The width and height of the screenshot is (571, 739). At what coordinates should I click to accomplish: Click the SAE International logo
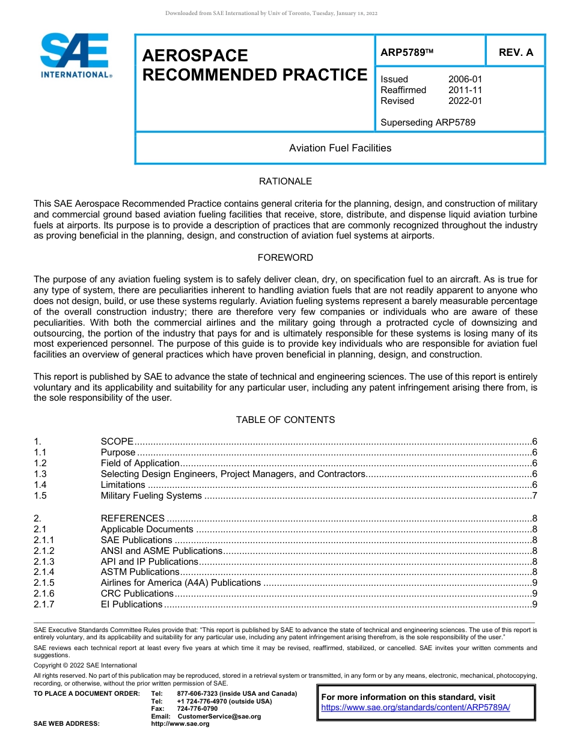[x=75, y=56]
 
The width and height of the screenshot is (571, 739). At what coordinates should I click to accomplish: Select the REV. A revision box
[x=516, y=52]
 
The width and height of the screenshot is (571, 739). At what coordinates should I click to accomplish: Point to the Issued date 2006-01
[x=465, y=79]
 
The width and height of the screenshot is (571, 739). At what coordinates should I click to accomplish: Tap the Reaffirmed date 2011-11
[x=465, y=90]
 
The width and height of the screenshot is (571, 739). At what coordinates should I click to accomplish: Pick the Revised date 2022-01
[x=465, y=101]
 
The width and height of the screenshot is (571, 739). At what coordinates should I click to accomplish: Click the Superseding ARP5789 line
[x=427, y=123]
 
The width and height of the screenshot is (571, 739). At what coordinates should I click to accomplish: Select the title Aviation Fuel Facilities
[x=340, y=148]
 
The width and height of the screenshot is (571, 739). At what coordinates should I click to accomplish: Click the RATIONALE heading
[x=285, y=181]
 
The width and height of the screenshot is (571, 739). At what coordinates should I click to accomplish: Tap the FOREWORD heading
[x=285, y=258]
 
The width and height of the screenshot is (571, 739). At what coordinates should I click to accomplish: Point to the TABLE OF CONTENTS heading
[x=285, y=420]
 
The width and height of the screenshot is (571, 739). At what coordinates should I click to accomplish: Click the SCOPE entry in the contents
[x=117, y=442]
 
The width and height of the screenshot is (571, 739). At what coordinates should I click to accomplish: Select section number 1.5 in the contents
[x=40, y=496]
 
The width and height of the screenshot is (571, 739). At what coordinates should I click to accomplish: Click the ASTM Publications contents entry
[x=139, y=572]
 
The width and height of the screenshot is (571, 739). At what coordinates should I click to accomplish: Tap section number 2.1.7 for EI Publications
[x=44, y=604]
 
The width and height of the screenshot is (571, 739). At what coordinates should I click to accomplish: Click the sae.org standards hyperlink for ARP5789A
[x=415, y=708]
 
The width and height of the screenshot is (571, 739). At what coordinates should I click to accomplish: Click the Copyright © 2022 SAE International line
[x=85, y=665]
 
